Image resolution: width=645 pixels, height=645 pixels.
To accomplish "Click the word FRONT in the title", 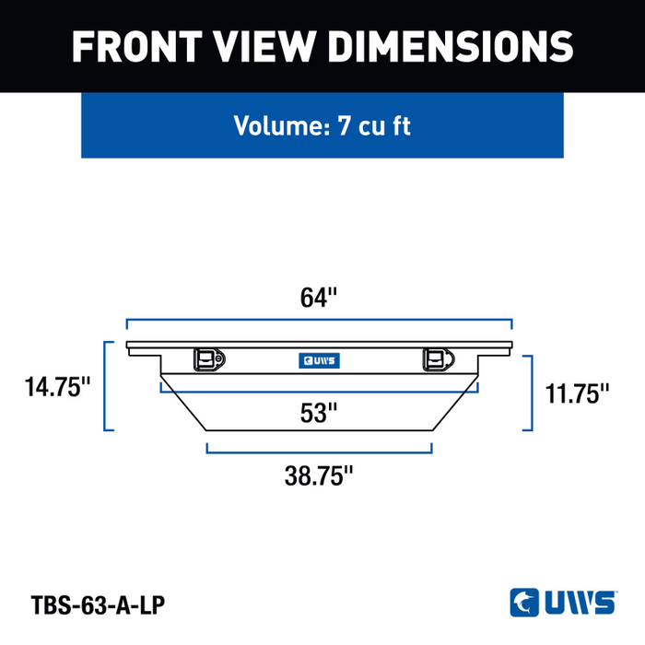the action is point(137,46).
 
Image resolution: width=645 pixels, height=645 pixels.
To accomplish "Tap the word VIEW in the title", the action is point(264,46).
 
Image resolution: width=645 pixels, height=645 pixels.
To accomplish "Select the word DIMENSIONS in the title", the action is point(450,46).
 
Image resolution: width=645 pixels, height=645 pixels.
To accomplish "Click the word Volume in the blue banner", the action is point(282,125).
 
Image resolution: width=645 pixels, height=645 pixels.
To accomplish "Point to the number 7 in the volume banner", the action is point(344,125).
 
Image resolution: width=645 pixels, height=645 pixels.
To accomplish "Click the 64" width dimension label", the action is point(319,298).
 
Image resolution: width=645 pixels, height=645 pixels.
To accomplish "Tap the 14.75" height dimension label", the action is point(57,387).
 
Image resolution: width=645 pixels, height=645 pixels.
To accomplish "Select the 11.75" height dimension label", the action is point(577,393).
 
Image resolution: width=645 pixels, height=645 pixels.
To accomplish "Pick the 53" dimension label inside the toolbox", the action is point(319,413).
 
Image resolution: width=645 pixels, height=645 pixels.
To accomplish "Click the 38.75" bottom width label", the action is point(319,476).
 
